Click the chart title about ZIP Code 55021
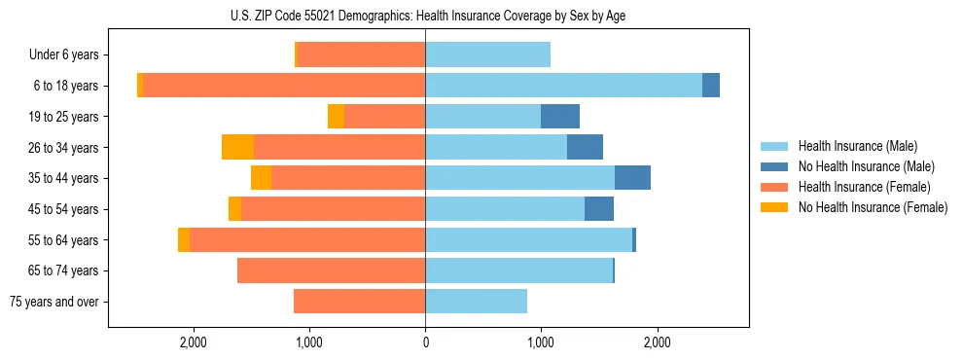pos(425,16)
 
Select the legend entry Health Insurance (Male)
pos(857,146)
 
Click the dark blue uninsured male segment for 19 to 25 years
pos(560,116)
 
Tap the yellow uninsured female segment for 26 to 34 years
pos(237,147)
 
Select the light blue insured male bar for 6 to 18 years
pos(563,86)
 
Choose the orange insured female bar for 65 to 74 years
pos(331,270)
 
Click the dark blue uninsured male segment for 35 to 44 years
pos(632,178)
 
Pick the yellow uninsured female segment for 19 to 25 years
pos(336,116)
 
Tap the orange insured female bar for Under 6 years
pos(361,54)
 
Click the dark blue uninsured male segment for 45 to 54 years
pos(599,208)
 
